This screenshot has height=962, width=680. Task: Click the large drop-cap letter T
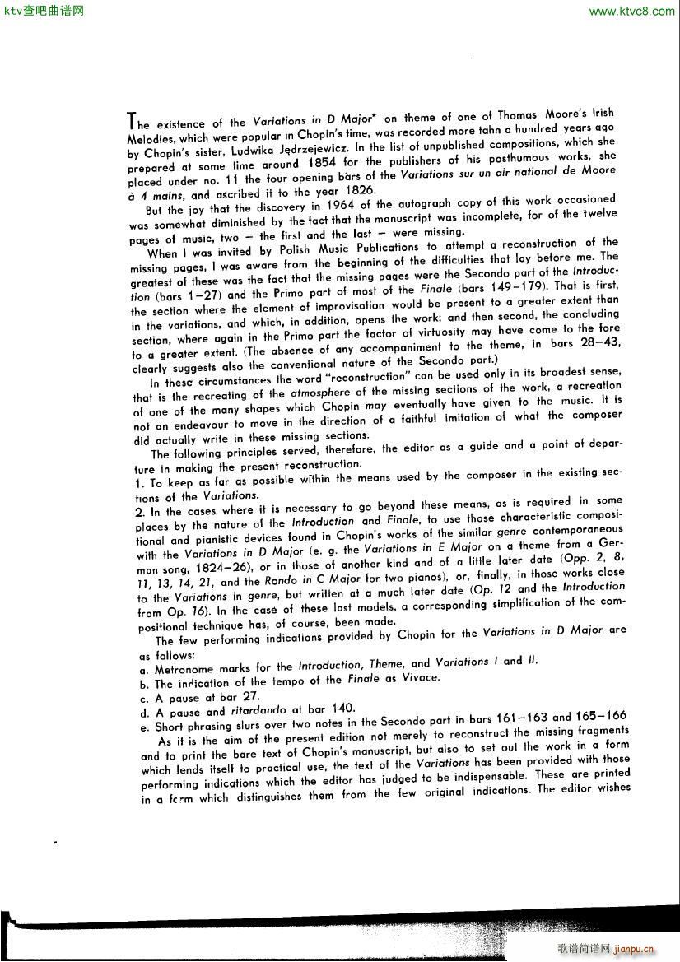[x=130, y=120]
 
